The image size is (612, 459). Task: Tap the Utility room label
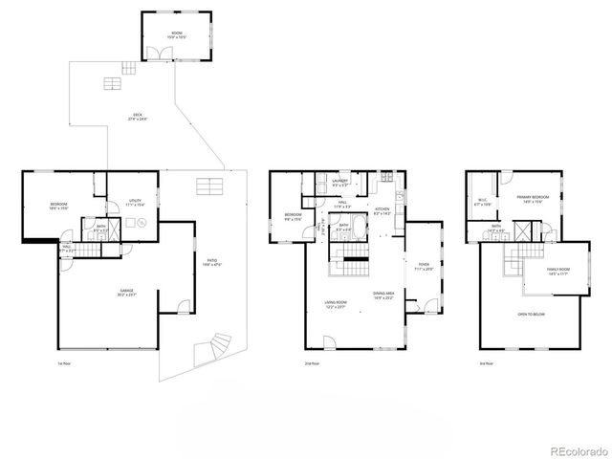[x=134, y=202]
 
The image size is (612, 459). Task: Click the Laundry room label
[x=339, y=182]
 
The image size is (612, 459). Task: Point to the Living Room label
[x=335, y=304]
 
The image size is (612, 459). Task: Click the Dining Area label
[x=382, y=296]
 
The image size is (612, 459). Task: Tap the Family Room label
[x=545, y=271]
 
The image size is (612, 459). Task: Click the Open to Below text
[x=532, y=315]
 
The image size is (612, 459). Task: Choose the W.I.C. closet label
[x=484, y=202]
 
